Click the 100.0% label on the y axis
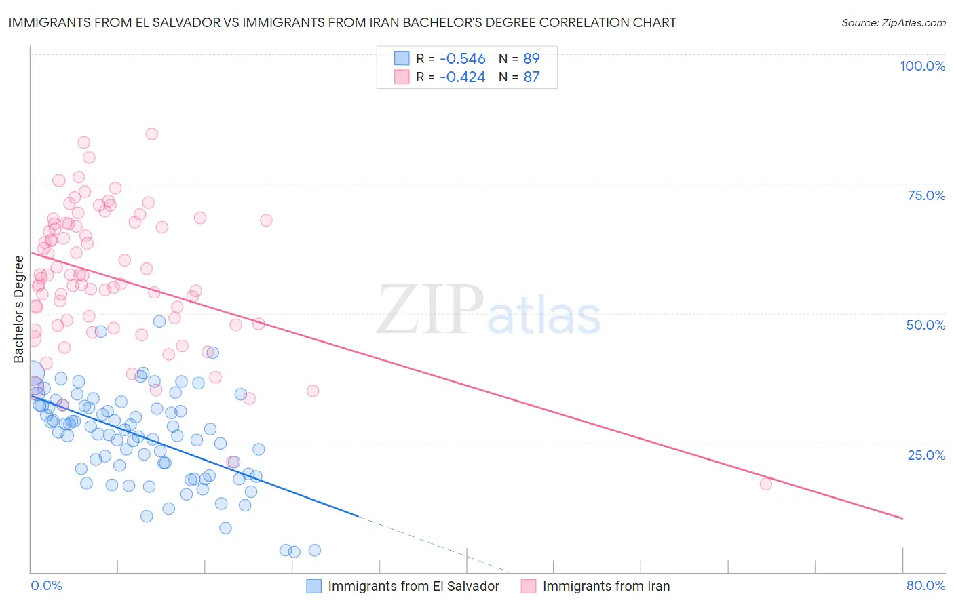pyautogui.click(x=922, y=66)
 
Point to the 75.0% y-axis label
pyautogui.click(x=926, y=195)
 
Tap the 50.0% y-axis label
pyautogui.click(x=926, y=325)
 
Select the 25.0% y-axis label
pyautogui.click(x=926, y=454)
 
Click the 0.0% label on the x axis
pyautogui.click(x=46, y=585)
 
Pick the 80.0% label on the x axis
pyautogui.click(x=926, y=585)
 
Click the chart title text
pyautogui.click(x=342, y=22)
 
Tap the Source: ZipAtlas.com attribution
pyautogui.click(x=893, y=22)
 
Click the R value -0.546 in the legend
pyautogui.click(x=463, y=58)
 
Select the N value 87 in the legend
pyautogui.click(x=531, y=77)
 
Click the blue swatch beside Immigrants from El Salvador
pyautogui.click(x=313, y=586)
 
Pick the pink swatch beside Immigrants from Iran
pyautogui.click(x=528, y=586)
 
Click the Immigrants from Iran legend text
pyautogui.click(x=606, y=586)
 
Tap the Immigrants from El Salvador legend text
pyautogui.click(x=413, y=586)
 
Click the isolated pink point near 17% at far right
pyautogui.click(x=766, y=484)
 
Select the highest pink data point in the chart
pyautogui.click(x=152, y=134)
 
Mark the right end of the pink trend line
pyautogui.click(x=902, y=518)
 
